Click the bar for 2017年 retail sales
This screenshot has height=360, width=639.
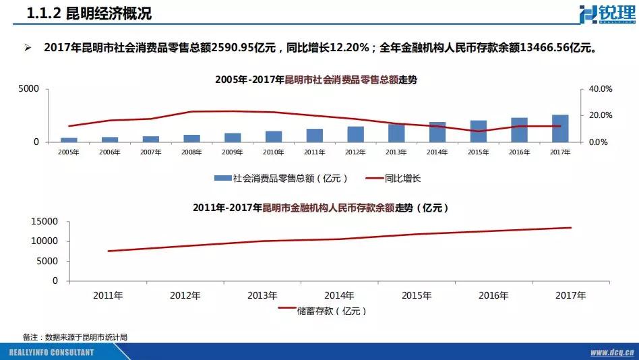(559, 129)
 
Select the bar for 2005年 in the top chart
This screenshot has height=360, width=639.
(69, 140)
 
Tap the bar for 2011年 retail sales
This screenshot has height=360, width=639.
(314, 136)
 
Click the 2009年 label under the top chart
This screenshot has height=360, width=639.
(232, 152)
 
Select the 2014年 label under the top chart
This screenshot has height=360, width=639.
(437, 152)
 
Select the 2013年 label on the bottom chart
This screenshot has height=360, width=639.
(262, 295)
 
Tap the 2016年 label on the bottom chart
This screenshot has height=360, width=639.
(493, 295)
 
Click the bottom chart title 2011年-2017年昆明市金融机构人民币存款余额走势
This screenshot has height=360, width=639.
(321, 208)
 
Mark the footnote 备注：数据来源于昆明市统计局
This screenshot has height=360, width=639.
(75, 336)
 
